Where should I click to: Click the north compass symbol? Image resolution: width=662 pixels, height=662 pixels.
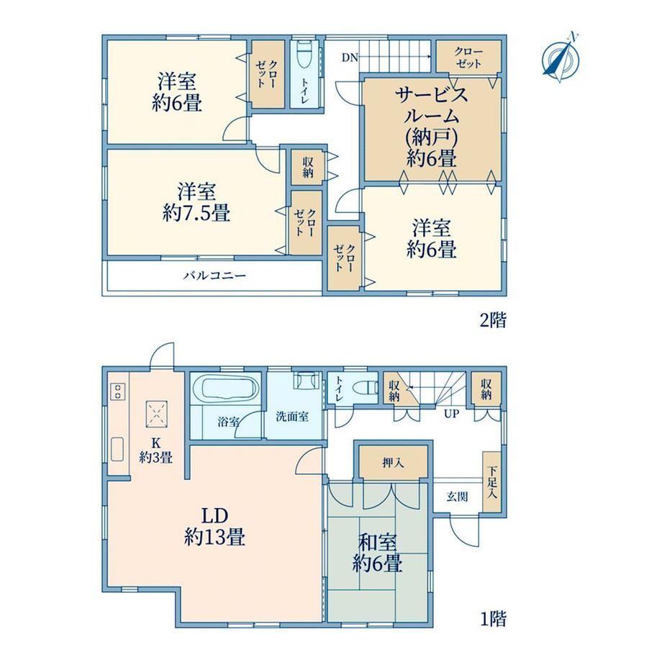[561, 58]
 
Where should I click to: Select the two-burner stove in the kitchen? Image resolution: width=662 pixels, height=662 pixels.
[117, 391]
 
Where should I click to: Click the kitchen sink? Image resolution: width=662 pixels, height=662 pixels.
[117, 449]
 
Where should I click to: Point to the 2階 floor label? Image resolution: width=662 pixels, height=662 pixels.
[493, 320]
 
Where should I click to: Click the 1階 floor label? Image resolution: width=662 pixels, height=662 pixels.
[493, 620]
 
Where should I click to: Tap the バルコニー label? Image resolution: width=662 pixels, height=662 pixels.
[214, 276]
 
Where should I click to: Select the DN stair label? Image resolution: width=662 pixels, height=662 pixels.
[350, 58]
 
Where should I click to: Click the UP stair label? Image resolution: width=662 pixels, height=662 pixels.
[451, 414]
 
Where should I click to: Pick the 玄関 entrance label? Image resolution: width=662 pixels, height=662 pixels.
[457, 496]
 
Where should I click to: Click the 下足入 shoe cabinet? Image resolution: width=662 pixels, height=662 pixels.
[491, 481]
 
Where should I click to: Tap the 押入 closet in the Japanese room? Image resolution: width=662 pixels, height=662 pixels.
[393, 462]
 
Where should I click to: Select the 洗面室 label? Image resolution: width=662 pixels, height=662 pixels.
[292, 417]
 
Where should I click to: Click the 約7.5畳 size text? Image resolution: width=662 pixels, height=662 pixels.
[196, 213]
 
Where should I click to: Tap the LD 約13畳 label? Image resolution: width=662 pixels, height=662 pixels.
[214, 527]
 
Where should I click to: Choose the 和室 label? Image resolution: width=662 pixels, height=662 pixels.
[378, 542]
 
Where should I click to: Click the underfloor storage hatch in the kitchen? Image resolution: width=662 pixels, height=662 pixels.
[157, 412]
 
